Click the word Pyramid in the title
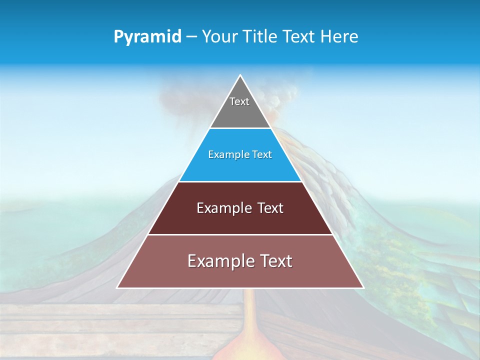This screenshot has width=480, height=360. (x=147, y=37)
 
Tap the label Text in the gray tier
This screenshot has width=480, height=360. (x=239, y=101)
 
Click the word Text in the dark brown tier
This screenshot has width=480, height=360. (x=270, y=208)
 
